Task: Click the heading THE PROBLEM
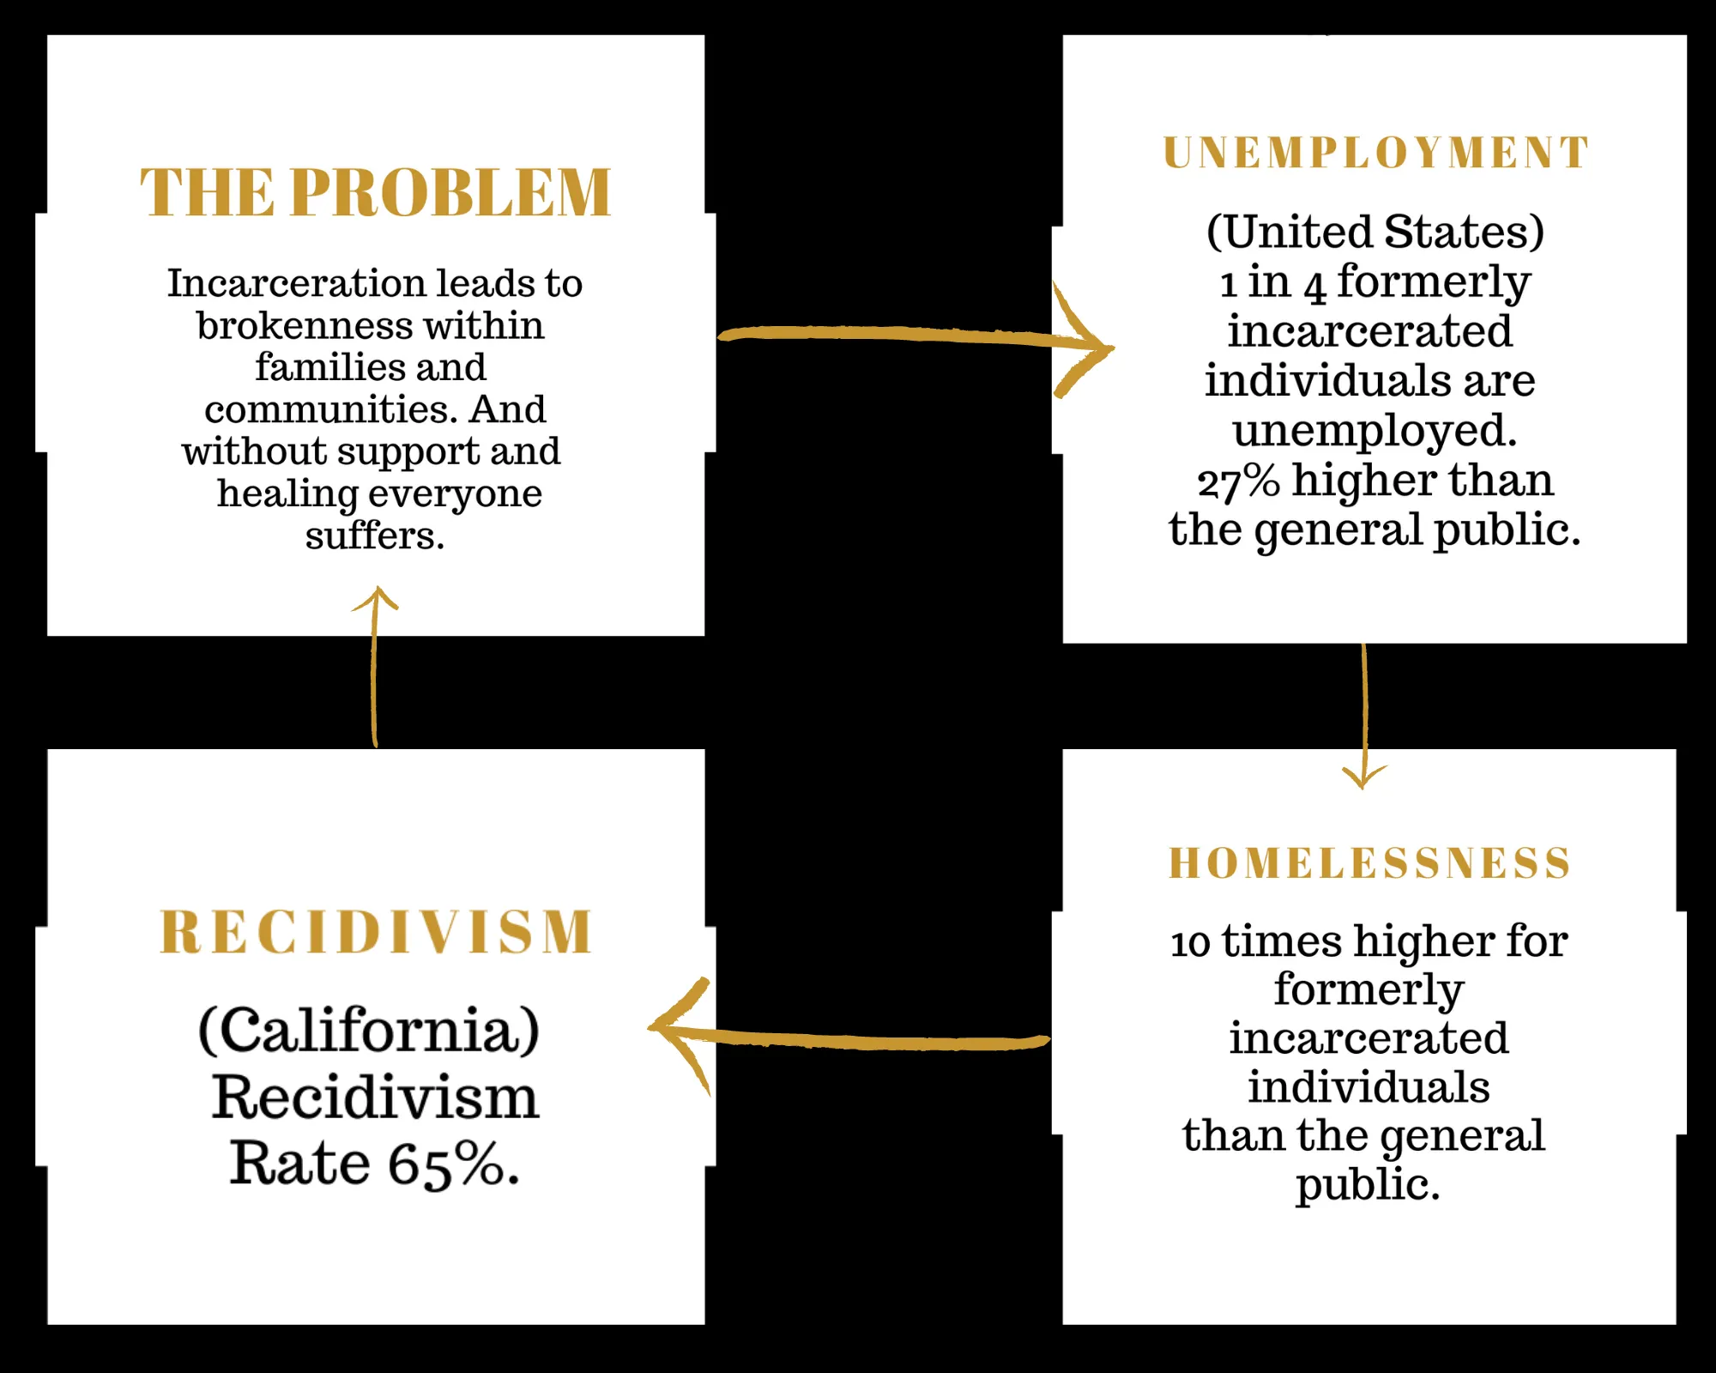(376, 192)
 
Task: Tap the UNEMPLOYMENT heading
(1376, 153)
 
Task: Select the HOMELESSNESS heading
(1370, 862)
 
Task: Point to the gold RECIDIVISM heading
(377, 932)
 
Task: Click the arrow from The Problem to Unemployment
(915, 336)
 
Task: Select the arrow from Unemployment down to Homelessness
(1364, 717)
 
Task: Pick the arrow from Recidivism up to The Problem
(375, 667)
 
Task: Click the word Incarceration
(296, 283)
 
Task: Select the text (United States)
(1375, 232)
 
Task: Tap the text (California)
(369, 1031)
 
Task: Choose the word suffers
(375, 535)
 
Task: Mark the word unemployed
(1375, 432)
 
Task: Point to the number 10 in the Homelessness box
(1191, 943)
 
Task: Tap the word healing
(287, 494)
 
